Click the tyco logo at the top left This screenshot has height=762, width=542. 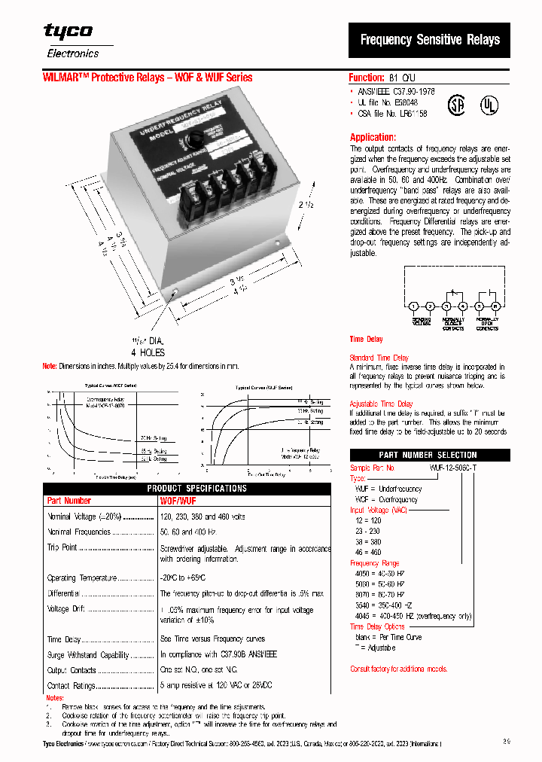coord(68,32)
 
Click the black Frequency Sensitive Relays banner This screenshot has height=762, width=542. coord(429,40)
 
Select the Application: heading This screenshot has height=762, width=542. coord(373,138)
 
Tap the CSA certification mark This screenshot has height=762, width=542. coord(457,103)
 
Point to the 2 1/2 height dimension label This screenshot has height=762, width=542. coord(304,206)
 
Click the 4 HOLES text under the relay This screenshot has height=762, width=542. coord(148,352)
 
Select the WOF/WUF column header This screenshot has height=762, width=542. coord(178,501)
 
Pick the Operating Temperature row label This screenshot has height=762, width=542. coord(82,578)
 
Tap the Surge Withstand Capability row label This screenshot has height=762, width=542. coord(88,655)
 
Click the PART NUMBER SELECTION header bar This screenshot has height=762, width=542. coord(428,455)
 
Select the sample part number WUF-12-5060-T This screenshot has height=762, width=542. coord(452,468)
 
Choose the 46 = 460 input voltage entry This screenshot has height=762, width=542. coord(368,552)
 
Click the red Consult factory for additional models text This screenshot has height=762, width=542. coord(398,669)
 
